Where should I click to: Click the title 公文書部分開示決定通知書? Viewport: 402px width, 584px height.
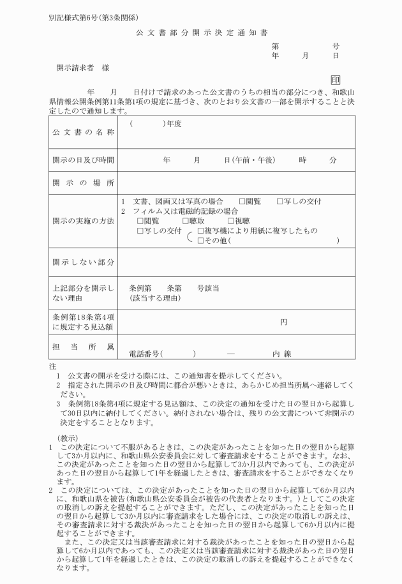[200, 32]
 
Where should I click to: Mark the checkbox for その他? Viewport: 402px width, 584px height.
[201, 241]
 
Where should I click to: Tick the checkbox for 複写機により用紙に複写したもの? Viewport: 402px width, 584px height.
[201, 230]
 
